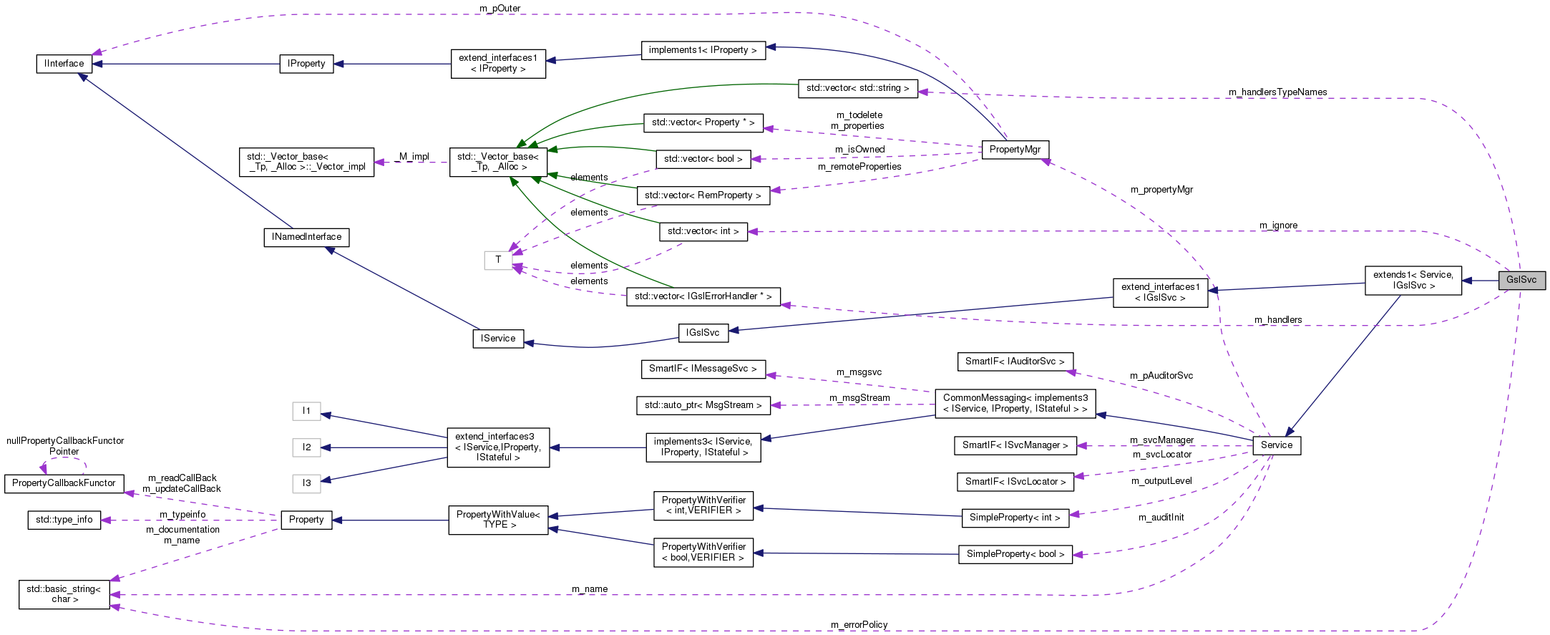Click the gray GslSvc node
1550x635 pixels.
point(1521,280)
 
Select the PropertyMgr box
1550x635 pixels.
point(1015,150)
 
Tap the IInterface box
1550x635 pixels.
point(64,64)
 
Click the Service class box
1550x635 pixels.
point(1277,445)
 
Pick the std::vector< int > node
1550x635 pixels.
point(703,231)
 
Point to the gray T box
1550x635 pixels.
point(498,260)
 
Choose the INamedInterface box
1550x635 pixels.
point(306,237)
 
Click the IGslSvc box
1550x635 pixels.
point(703,333)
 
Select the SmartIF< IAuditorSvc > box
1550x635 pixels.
point(1015,362)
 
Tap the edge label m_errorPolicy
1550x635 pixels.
point(859,624)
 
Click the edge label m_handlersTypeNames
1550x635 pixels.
point(1277,92)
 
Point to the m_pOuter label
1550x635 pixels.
point(499,9)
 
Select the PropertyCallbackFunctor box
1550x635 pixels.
point(64,483)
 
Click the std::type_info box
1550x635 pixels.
point(64,520)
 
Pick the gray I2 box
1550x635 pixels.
point(306,447)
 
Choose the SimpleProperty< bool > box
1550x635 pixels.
point(1015,554)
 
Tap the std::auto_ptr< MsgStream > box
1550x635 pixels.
point(703,405)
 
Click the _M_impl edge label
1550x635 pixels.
point(413,156)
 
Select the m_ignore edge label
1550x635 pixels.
point(1278,226)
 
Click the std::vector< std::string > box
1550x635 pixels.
point(857,88)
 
